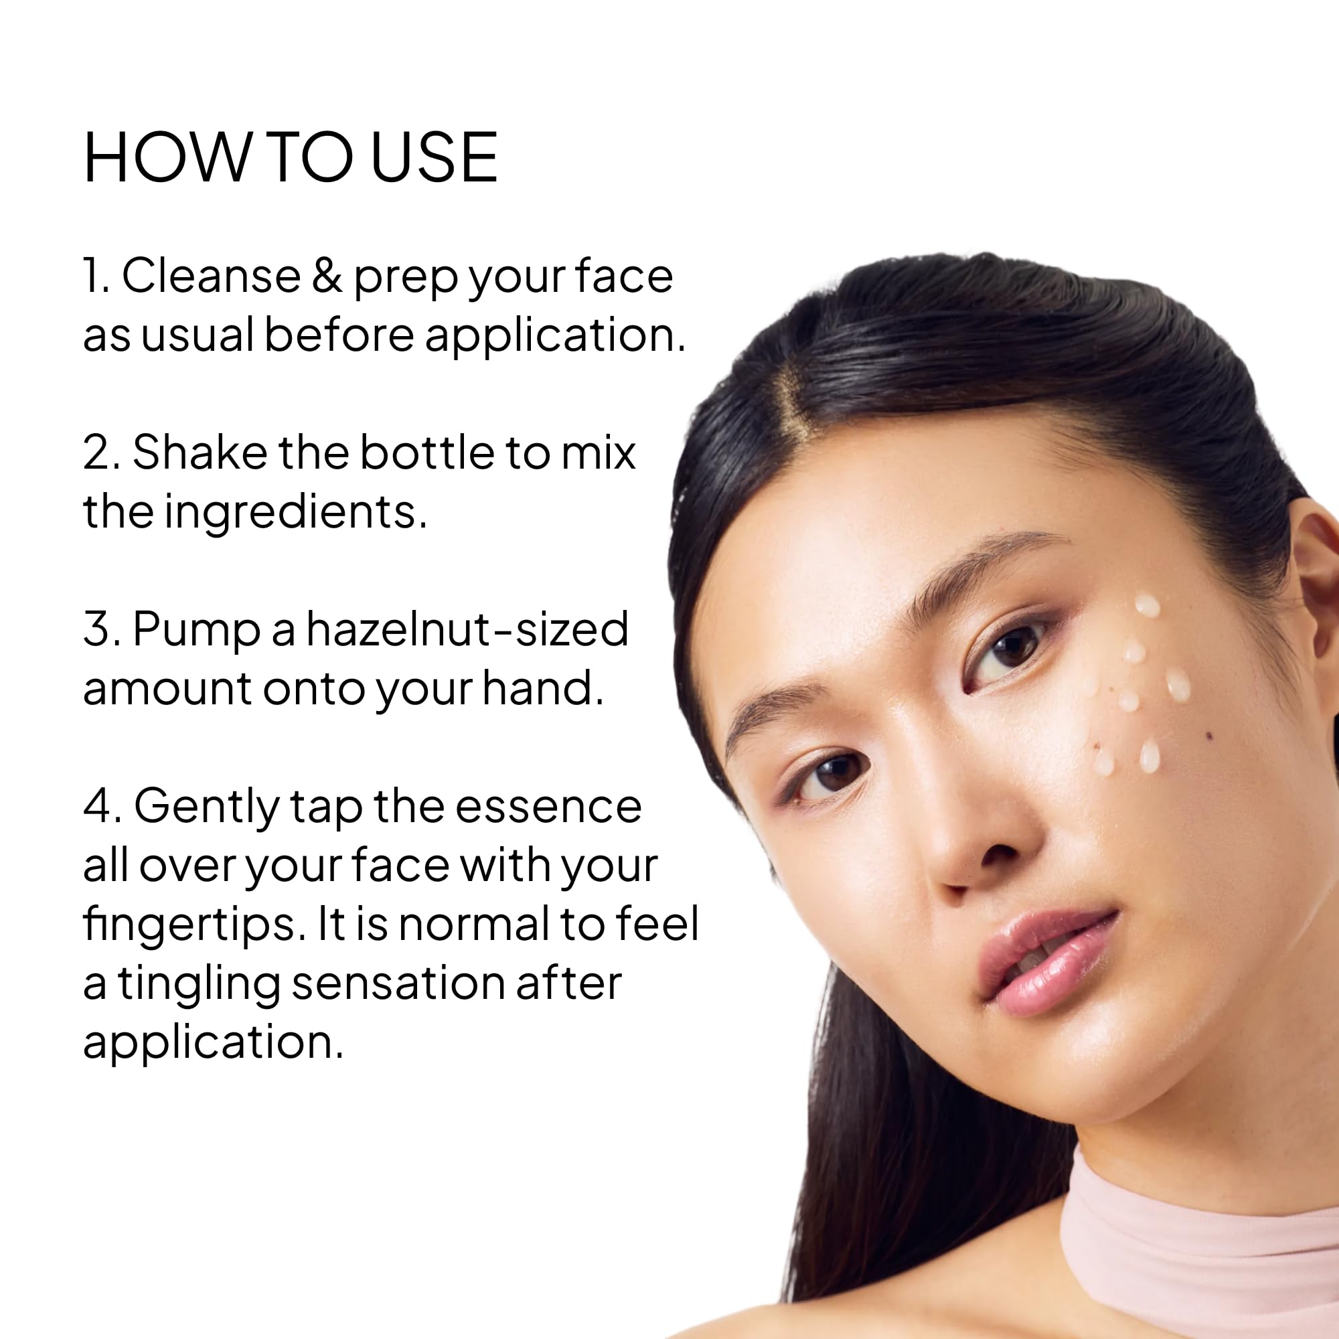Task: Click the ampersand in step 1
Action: click(327, 276)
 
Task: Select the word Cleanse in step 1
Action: click(212, 276)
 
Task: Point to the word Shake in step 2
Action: click(200, 453)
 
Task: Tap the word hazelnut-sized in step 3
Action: click(467, 629)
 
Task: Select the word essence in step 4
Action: click(548, 808)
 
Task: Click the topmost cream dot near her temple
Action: click(1146, 605)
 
